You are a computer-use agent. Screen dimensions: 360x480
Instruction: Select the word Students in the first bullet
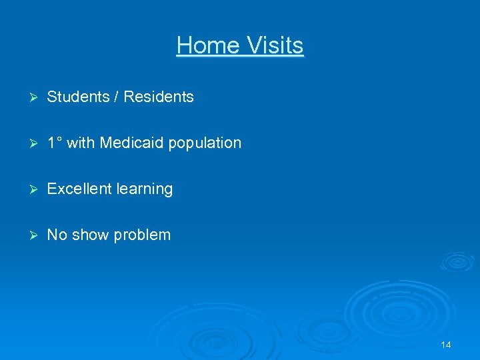click(78, 97)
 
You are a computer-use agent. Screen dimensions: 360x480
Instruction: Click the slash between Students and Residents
click(117, 97)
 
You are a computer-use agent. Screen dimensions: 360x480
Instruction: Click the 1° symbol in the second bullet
click(55, 143)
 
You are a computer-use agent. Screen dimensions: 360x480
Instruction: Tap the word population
click(205, 143)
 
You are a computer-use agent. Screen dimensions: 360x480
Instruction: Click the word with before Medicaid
click(81, 143)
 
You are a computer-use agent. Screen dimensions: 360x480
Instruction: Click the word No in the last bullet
click(57, 235)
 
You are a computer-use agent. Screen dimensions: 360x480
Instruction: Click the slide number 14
click(446, 345)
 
